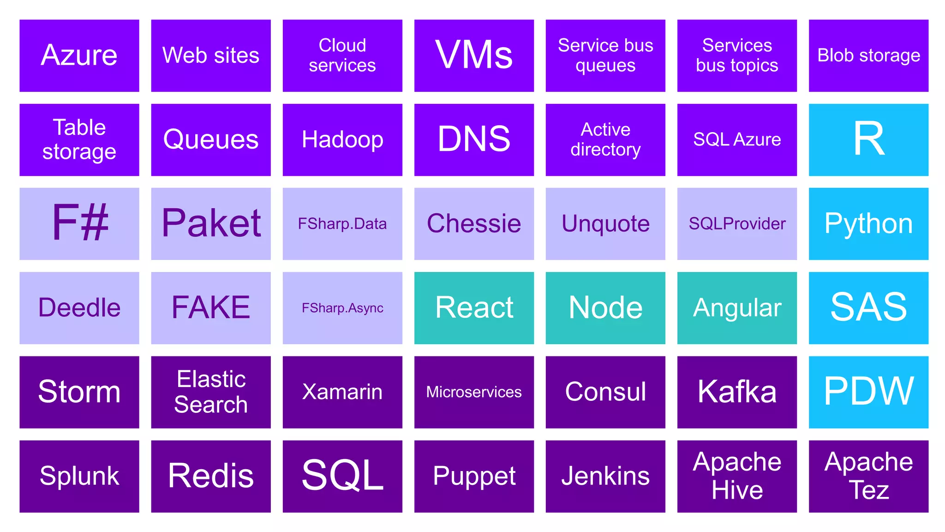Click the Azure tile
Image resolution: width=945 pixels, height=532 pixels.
[x=79, y=55]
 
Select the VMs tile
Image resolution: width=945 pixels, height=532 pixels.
[x=474, y=55]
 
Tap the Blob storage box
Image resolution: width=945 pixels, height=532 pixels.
[x=868, y=55]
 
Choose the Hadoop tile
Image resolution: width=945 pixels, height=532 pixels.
[x=342, y=139]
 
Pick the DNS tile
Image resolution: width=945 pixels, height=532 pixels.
[x=474, y=139]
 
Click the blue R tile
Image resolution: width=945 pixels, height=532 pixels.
[x=868, y=139]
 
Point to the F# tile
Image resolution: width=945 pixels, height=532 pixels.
[x=79, y=224]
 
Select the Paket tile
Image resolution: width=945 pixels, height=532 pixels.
[x=211, y=224]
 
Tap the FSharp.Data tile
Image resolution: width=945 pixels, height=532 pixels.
[x=342, y=224]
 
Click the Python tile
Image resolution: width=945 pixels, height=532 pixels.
[x=868, y=224]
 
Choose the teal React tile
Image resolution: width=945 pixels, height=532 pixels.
[x=474, y=308]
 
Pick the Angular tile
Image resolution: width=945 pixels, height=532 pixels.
[x=737, y=308]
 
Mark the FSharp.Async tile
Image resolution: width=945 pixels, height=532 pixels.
[x=342, y=308]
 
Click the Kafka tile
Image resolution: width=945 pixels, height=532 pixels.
[x=737, y=392]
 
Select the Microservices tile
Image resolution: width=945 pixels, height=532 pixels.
[x=474, y=392]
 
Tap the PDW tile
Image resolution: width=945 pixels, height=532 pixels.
[x=868, y=392]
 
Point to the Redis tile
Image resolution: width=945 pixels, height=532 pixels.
[x=211, y=476]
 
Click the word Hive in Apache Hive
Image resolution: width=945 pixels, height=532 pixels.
[x=737, y=490]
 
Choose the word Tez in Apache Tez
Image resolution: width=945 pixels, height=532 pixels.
[x=868, y=490]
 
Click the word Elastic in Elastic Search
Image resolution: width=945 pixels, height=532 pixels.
[x=211, y=380]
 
